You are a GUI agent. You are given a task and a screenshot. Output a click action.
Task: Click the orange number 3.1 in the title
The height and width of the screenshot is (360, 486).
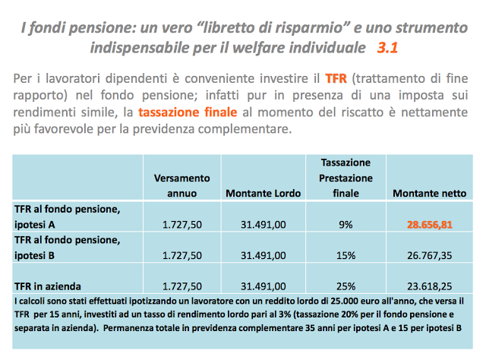pyautogui.click(x=387, y=48)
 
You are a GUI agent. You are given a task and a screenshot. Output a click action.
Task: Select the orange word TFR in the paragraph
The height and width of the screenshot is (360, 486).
pyautogui.click(x=335, y=78)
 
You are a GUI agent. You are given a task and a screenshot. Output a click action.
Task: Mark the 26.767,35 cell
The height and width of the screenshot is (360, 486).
pyautogui.click(x=429, y=255)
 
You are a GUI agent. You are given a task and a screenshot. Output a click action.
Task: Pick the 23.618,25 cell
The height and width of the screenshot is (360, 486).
pyautogui.click(x=429, y=286)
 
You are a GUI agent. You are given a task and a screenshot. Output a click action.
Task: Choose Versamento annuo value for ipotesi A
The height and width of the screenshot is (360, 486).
pyautogui.click(x=181, y=225)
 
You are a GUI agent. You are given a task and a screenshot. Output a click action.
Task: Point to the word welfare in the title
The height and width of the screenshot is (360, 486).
pyautogui.click(x=279, y=48)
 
